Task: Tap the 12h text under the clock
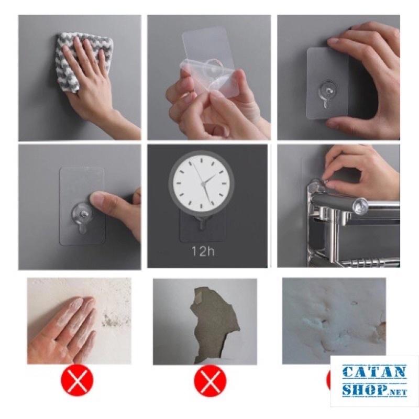click(x=203, y=251)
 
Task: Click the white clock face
click(x=202, y=184)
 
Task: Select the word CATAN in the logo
click(x=374, y=372)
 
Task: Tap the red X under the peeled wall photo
click(x=210, y=381)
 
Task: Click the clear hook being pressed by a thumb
click(x=82, y=216)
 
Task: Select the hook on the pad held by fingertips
click(x=327, y=94)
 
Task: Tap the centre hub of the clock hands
click(x=204, y=184)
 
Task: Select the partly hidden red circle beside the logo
click(x=329, y=381)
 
